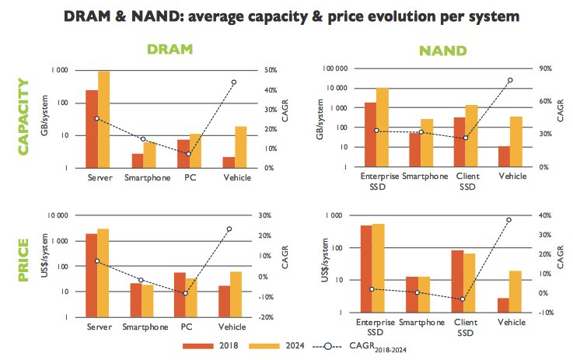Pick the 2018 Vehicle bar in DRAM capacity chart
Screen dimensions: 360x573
[207, 163]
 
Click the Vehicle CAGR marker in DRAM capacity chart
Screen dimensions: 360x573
[234, 82]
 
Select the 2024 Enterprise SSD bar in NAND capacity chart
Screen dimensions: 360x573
[383, 128]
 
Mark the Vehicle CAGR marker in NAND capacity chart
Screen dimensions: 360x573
[511, 80]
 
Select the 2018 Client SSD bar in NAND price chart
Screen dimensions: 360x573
[458, 281]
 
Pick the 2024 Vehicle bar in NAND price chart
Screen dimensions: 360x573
[515, 292]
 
